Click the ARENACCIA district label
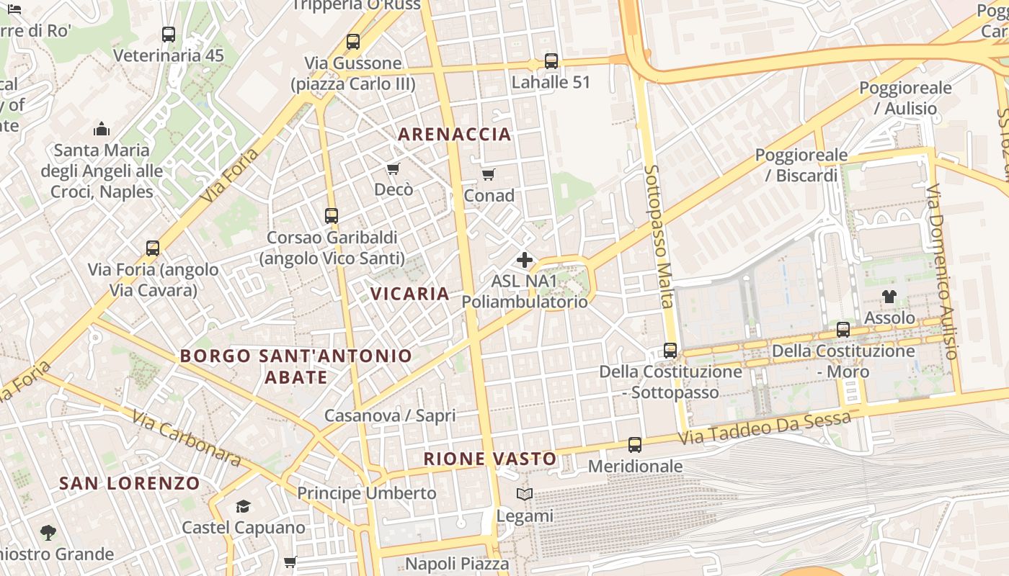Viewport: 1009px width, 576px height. click(454, 134)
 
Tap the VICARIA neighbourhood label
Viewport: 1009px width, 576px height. click(410, 294)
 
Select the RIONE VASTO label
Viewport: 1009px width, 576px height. click(489, 459)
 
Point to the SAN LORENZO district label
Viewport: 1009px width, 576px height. click(129, 483)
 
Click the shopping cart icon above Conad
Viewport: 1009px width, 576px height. click(489, 174)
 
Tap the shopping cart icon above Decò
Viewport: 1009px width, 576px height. click(393, 168)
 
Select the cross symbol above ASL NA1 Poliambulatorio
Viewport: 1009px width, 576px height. click(525, 260)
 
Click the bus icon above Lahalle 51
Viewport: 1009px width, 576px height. click(551, 61)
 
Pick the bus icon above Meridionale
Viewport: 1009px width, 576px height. click(635, 445)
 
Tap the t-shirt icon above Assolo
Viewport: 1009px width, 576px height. click(889, 297)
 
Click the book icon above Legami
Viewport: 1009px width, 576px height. click(525, 495)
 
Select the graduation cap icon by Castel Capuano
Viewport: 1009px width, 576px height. click(243, 506)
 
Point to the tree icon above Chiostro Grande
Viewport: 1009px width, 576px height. click(48, 533)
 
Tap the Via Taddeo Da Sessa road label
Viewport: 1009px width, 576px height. click(766, 427)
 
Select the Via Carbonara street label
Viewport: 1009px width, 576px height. click(185, 438)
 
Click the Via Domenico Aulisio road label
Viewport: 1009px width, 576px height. click(943, 271)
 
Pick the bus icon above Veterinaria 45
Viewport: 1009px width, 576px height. click(169, 34)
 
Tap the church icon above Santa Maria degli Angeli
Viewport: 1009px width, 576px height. click(102, 129)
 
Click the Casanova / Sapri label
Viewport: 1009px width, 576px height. click(390, 415)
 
